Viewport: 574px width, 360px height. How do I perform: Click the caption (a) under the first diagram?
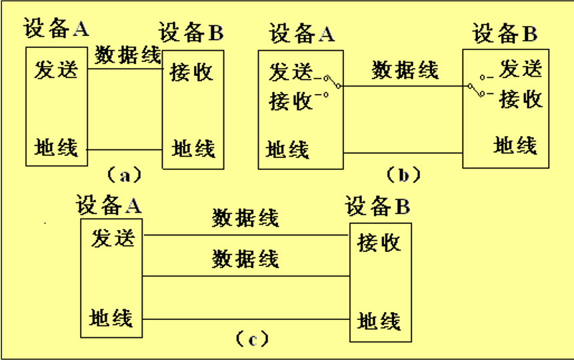point(123,175)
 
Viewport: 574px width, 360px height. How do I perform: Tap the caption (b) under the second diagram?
point(403,175)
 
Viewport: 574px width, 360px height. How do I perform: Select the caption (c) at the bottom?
point(252,339)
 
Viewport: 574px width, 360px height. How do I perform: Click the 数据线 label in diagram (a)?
point(128,55)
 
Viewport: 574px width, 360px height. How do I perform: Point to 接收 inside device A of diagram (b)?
point(291,101)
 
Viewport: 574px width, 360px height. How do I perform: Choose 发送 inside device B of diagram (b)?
point(521,68)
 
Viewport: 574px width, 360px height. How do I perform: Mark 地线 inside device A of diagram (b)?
point(288,149)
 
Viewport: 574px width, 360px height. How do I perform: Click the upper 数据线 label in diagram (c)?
point(245,218)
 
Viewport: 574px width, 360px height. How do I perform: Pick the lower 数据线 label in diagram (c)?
point(245,259)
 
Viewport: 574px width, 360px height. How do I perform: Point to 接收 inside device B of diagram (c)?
point(379,242)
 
